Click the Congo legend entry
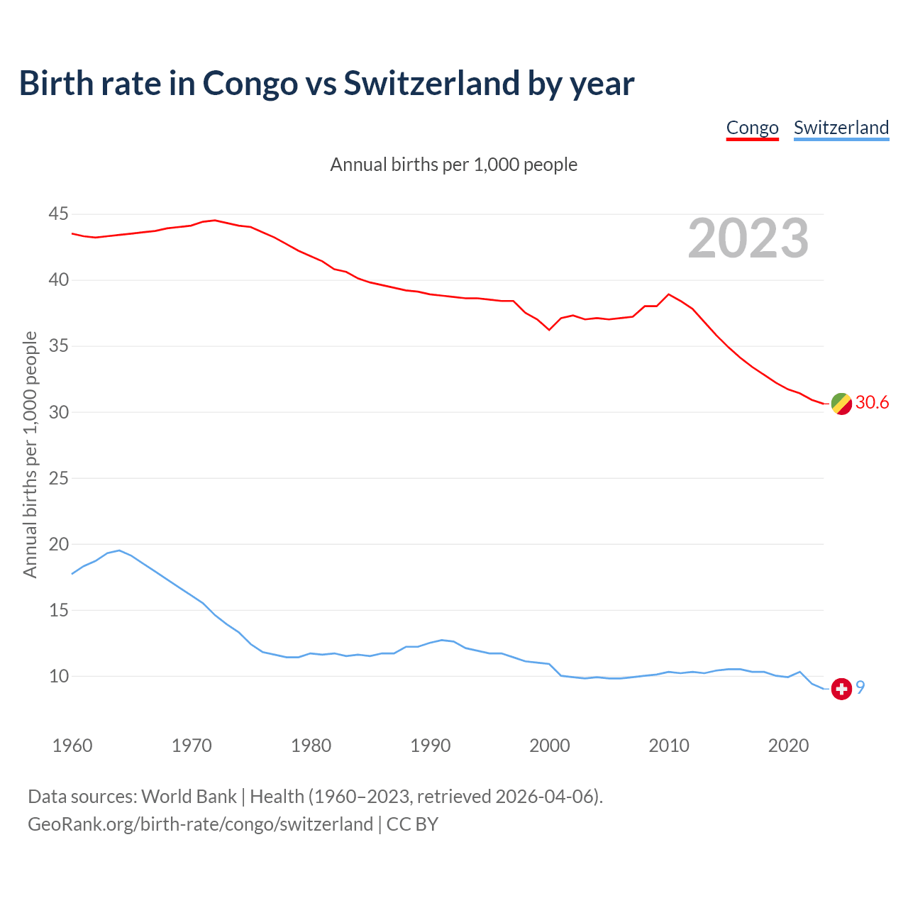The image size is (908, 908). coord(752,128)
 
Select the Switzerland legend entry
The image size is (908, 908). coord(841,128)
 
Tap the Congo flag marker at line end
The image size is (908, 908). coord(841,403)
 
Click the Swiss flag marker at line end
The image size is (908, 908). coord(841,688)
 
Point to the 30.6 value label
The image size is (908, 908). coord(872,403)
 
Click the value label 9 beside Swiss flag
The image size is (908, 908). coord(860,687)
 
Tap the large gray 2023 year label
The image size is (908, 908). coord(748,238)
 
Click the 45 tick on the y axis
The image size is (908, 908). coord(59,214)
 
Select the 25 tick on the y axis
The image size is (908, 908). coord(59,478)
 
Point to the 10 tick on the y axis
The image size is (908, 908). coord(59,676)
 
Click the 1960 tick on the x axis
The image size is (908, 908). coord(72,746)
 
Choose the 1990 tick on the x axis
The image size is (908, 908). coord(431,746)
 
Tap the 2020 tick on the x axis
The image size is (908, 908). coord(788,746)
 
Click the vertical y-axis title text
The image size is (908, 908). coord(30,454)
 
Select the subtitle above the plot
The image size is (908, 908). coord(454,165)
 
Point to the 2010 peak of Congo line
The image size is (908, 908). coord(668,294)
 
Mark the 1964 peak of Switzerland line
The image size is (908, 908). coord(119,550)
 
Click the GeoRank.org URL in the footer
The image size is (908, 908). coord(200,824)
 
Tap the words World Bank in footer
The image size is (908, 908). coord(189,797)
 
